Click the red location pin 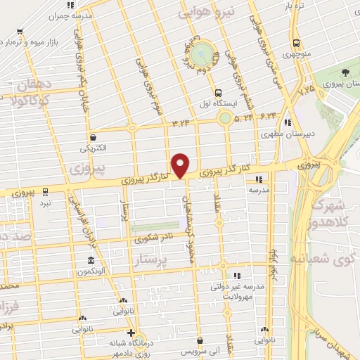181,165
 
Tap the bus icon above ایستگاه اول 218,92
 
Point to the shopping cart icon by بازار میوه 20,32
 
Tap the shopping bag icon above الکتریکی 93,138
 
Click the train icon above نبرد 45,191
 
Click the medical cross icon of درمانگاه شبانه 130,333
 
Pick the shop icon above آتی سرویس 200,340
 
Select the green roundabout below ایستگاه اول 225,118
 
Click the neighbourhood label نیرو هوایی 210,13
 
